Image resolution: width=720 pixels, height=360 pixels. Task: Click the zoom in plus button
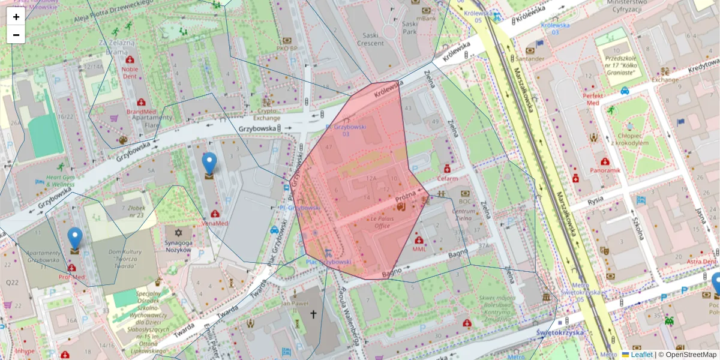point(16,17)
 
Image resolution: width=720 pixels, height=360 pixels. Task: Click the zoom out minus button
point(16,35)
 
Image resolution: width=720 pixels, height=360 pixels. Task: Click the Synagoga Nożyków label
point(178,245)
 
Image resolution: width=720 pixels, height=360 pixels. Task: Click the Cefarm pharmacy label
point(447,178)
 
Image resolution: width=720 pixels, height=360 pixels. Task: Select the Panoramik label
point(605,170)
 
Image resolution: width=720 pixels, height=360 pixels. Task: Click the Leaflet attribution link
point(641,355)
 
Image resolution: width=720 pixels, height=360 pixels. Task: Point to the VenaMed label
point(215,223)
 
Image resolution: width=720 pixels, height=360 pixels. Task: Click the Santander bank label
point(530,59)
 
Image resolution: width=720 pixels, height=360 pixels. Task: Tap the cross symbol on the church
point(312,314)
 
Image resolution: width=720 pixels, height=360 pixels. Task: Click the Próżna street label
point(406,197)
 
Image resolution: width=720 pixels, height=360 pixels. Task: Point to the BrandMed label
point(142,112)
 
